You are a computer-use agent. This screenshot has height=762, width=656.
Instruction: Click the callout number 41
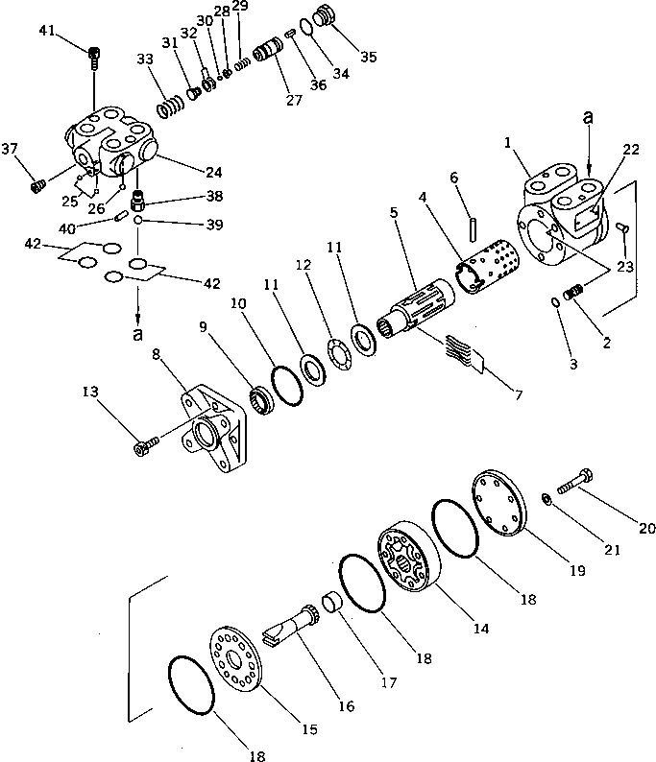pyautogui.click(x=47, y=35)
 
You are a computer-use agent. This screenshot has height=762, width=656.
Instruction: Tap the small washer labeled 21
pyautogui.click(x=546, y=499)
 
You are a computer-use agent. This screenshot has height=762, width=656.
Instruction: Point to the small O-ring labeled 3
pyautogui.click(x=556, y=304)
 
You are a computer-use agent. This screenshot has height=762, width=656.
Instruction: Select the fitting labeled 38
pyautogui.click(x=138, y=202)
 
